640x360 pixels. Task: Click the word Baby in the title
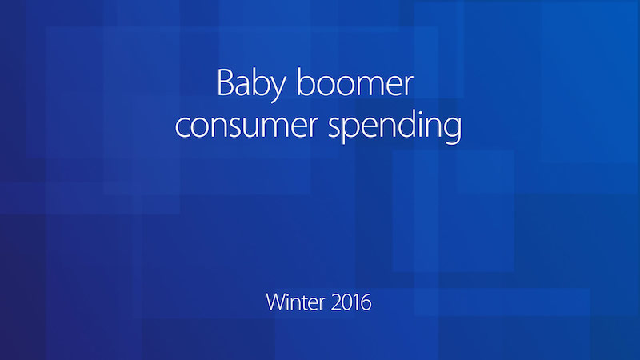point(251,85)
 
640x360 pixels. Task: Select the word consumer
point(246,126)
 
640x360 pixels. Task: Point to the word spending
point(395,126)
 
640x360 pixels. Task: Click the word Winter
point(295,302)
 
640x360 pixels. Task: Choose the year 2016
point(351,302)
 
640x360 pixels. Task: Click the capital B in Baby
point(225,83)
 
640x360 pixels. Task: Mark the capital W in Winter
point(276,302)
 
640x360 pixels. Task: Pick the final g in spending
point(453,130)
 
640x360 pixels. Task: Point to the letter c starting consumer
point(183,126)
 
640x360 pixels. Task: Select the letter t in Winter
point(306,304)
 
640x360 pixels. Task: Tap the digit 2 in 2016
point(336,302)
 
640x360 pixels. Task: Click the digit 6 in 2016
point(366,302)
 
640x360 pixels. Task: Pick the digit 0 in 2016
point(347,302)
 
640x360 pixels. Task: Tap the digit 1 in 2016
point(356,302)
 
